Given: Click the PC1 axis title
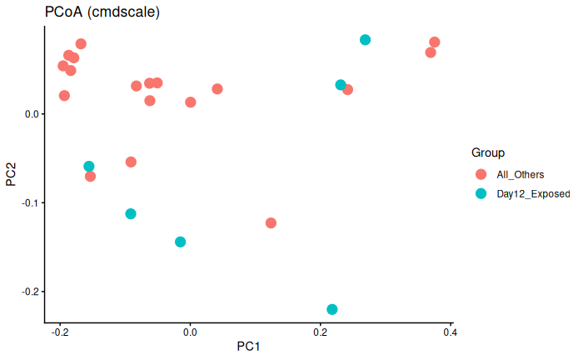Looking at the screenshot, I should (x=250, y=346).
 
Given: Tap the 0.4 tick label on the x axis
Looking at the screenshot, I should (x=450, y=331).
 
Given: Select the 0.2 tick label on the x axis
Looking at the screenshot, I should (x=320, y=331).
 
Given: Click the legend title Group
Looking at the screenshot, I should (x=487, y=152).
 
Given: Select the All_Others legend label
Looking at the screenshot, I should (x=520, y=174).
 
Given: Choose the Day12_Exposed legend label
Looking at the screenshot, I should (x=533, y=193).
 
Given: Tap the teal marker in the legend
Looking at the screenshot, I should (x=481, y=193).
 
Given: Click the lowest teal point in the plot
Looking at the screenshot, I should (x=332, y=309).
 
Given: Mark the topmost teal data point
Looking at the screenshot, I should (x=365, y=40).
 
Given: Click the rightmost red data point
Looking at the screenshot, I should (x=434, y=42).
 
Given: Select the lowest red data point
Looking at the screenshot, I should (x=271, y=223).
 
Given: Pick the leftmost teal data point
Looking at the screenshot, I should (x=89, y=167).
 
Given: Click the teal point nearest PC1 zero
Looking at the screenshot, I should (x=180, y=242).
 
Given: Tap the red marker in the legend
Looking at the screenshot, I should (x=481, y=174).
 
